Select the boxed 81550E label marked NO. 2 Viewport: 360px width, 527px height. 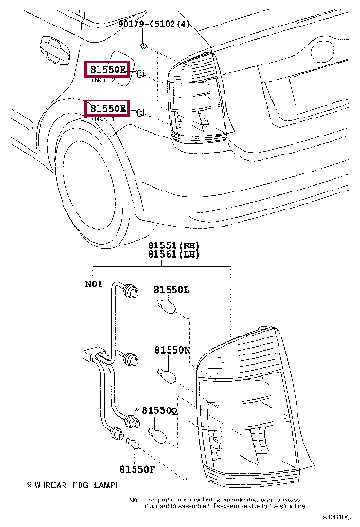point(107,70)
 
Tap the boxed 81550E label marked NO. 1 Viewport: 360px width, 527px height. point(107,109)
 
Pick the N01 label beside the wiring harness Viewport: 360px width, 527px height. point(95,282)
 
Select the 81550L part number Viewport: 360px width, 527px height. point(172,289)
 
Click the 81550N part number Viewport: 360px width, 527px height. point(173,350)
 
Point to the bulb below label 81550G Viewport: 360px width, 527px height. point(161,433)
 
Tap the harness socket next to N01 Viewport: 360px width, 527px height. point(130,289)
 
